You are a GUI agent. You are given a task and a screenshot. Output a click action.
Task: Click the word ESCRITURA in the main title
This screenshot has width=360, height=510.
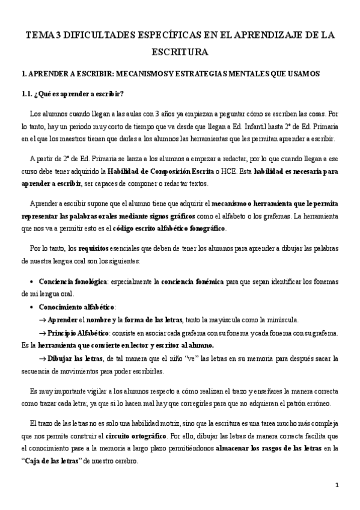180,52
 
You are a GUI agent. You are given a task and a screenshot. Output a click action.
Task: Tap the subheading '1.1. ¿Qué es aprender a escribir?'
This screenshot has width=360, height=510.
72,94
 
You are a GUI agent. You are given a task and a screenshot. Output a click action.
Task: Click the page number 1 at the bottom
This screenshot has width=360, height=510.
337,485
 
